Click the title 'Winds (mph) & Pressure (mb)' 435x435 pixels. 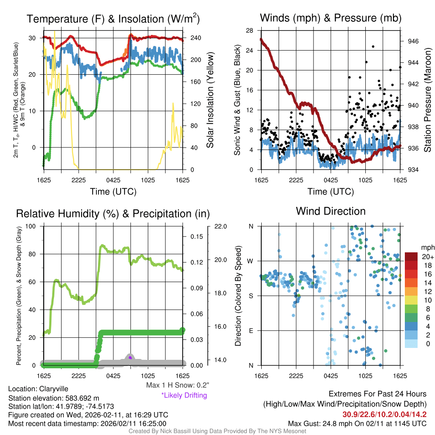tap(330, 18)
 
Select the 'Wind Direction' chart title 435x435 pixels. tap(330, 211)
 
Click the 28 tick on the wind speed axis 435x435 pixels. tap(249, 31)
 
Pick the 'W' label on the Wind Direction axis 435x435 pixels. tap(251, 261)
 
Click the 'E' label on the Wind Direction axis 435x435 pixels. tap(251, 330)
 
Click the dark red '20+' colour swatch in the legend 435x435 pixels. tap(411, 257)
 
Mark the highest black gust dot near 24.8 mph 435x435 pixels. tap(373, 46)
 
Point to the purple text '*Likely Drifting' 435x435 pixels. tap(184, 395)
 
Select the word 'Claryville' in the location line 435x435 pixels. tap(53, 389)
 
